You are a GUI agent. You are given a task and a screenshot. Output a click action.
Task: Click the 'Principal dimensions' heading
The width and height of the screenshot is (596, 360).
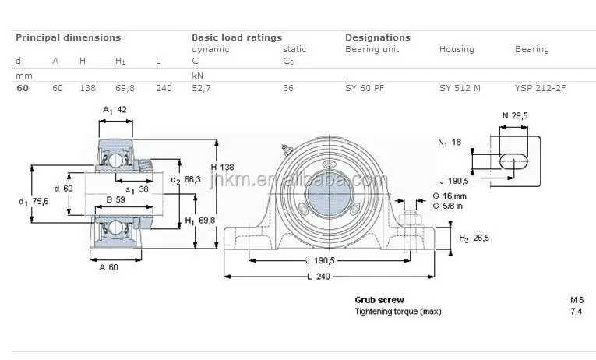[x=68, y=37]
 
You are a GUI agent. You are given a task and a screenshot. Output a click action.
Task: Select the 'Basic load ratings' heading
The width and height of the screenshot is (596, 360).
[x=237, y=37]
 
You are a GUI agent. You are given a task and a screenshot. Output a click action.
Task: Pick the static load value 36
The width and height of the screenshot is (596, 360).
[x=288, y=88]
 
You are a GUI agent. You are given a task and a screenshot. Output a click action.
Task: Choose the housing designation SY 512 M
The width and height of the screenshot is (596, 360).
[x=460, y=88]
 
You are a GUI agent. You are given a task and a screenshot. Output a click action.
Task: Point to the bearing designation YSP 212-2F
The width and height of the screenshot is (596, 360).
[x=540, y=88]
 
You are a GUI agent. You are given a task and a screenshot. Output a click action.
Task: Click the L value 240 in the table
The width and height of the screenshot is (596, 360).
[x=164, y=88]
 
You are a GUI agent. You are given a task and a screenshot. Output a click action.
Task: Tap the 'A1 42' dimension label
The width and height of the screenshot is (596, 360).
[x=115, y=110]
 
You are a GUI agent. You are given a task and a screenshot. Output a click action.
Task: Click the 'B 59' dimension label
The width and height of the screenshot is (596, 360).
[x=115, y=200]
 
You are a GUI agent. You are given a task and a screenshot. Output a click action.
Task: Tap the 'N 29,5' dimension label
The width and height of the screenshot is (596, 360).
[x=515, y=115]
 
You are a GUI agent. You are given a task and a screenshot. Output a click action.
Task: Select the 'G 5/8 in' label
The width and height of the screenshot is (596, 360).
[x=448, y=206]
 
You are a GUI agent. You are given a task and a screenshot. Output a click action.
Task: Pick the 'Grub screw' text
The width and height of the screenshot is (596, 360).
[x=379, y=300]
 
